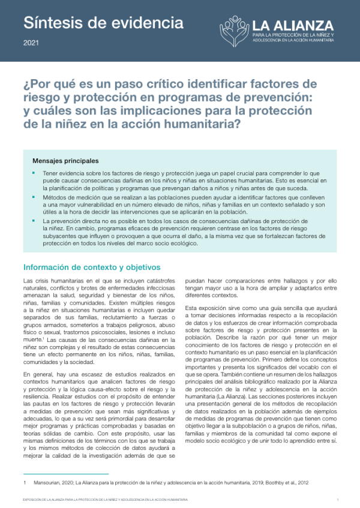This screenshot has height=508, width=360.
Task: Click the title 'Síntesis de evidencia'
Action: point(103,23)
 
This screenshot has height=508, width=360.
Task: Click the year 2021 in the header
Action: point(31,43)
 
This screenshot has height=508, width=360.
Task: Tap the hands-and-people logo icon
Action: point(233,31)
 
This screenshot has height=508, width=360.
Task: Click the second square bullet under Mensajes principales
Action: point(34,197)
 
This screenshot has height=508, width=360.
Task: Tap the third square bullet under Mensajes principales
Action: point(34,221)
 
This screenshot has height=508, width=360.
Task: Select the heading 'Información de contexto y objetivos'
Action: point(91,267)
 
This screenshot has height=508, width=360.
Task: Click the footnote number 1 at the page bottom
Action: point(24,482)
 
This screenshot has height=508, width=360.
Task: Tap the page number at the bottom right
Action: point(337,499)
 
